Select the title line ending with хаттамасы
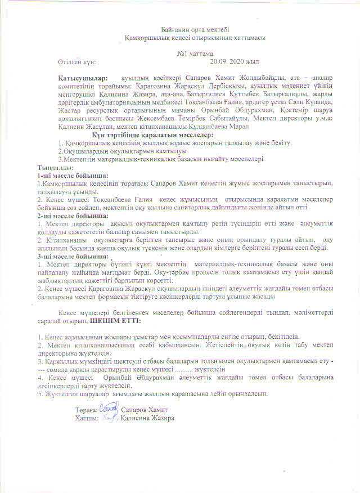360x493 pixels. [x=194, y=37]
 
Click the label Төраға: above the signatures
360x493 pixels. [x=85, y=410]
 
